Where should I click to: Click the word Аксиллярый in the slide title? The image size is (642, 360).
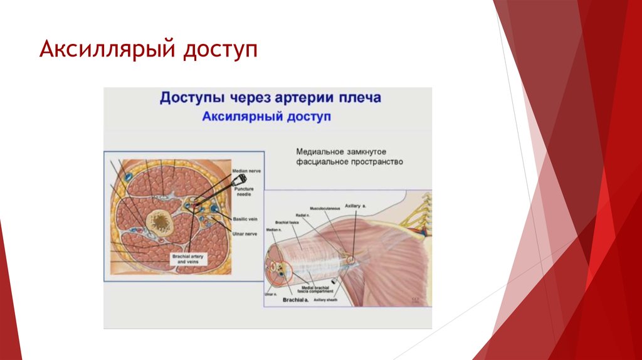tap(107, 50)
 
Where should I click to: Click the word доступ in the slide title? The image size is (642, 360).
tap(220, 51)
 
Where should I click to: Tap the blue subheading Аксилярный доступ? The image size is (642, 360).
tap(266, 117)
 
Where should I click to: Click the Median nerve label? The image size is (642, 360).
tap(245, 171)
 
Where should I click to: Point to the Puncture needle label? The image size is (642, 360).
tap(243, 191)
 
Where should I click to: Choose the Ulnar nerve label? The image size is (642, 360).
tap(244, 233)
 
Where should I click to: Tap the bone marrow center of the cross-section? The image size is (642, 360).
tap(162, 221)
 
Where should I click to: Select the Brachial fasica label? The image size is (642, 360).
tap(287, 222)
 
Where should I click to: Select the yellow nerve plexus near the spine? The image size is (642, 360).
tap(418, 214)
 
